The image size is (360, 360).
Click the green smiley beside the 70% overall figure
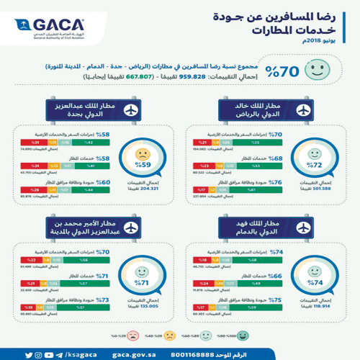[315, 71]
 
